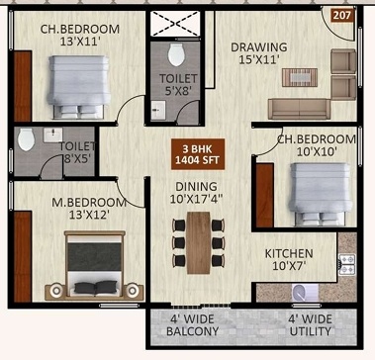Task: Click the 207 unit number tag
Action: click(343, 15)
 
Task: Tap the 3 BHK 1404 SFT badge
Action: click(198, 154)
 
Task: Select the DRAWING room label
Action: click(258, 46)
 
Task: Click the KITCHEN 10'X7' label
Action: click(289, 259)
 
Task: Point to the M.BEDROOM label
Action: click(89, 203)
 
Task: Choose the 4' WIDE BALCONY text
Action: click(192, 325)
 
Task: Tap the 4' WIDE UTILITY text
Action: click(311, 325)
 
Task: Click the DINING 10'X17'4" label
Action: click(196, 193)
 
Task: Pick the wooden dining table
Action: click(199, 243)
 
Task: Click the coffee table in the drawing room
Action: click(300, 77)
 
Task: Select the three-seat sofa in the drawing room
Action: click(299, 109)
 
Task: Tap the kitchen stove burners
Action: click(347, 265)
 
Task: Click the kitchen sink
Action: click(305, 293)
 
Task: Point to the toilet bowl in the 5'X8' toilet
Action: click(176, 54)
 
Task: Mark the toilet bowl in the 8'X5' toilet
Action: click(26, 139)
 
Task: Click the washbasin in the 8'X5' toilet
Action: click(52, 135)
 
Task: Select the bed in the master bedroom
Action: click(95, 265)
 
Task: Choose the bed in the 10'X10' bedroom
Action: click(320, 193)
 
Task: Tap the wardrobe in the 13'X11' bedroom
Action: click(23, 86)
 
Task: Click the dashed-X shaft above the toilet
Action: click(175, 24)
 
